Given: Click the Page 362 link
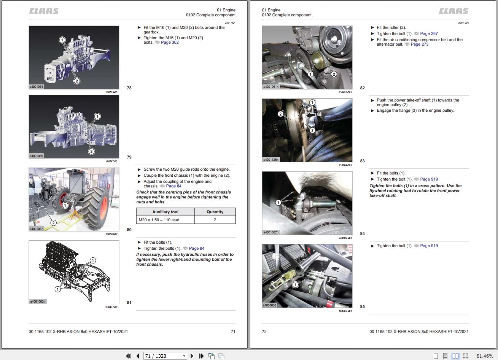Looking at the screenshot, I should click(170, 43).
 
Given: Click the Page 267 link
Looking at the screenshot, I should click(429, 34).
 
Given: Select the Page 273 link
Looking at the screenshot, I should click(419, 44).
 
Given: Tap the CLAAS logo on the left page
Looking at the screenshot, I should click(44, 11).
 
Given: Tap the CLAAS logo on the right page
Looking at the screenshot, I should click(453, 11).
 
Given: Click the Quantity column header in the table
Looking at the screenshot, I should click(215, 212).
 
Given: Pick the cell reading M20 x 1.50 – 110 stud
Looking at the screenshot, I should click(165, 220).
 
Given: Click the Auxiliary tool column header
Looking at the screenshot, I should click(165, 212).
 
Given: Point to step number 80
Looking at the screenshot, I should click(129, 230).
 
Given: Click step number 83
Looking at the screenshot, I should click(362, 161).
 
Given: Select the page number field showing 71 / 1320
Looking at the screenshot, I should click(164, 356).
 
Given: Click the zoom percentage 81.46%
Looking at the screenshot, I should click(485, 356).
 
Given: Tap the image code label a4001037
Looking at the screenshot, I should click(37, 229).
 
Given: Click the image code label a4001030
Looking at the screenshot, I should click(270, 305).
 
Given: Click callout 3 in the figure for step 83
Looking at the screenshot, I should click(312, 130).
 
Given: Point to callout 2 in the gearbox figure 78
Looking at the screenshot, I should click(77, 81).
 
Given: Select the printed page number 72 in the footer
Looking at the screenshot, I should click(264, 331).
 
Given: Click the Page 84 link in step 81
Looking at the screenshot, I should click(197, 249).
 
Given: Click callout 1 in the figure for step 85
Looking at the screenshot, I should click(295, 285).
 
